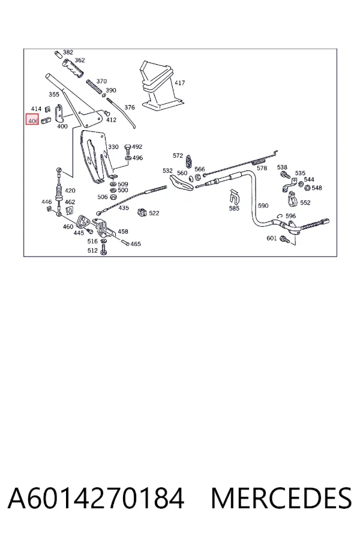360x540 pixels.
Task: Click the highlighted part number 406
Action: (33, 121)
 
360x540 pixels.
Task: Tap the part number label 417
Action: (179, 83)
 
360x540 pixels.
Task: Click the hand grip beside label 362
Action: (73, 68)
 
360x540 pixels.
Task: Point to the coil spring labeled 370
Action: (95, 88)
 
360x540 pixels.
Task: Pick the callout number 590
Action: (263, 206)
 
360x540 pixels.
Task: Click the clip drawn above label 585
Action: (234, 196)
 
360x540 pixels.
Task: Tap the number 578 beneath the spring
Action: (262, 168)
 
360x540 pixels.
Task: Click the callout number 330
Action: (113, 147)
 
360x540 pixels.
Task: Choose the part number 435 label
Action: (124, 208)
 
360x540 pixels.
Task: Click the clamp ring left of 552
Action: (292, 200)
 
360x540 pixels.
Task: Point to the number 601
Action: (271, 238)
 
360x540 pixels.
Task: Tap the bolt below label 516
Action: (103, 250)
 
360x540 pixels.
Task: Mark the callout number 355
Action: (54, 94)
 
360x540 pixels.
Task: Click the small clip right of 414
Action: (48, 109)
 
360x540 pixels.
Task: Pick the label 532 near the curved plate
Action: (167, 170)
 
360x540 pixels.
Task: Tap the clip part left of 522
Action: (142, 212)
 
